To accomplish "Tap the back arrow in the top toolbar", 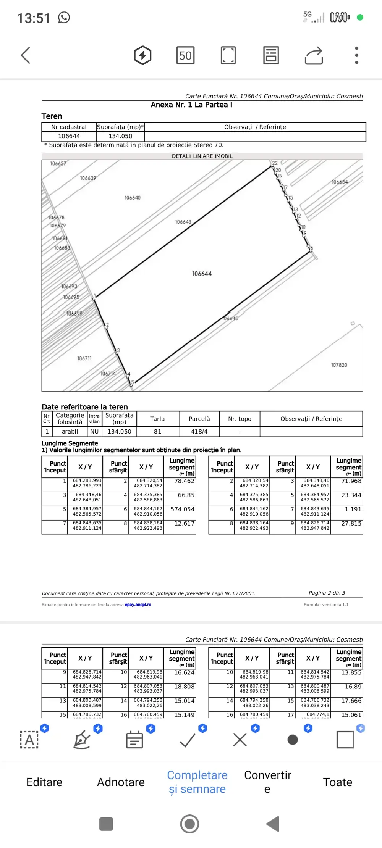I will click(26, 55).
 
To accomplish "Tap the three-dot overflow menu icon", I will click(356, 55).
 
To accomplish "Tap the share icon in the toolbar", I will click(314, 56).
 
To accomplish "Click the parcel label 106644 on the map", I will click(202, 274).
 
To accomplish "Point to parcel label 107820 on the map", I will click(339, 365).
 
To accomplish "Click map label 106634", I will click(340, 182).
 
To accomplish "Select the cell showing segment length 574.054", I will click(182, 509).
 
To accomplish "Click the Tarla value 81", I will click(157, 432).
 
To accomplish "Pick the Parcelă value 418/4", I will click(199, 432).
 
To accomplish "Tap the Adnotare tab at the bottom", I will click(121, 782).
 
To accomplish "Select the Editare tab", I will click(44, 782).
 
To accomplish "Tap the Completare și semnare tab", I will click(197, 782).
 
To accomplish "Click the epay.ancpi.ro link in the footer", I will click(138, 605).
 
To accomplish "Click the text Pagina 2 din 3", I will click(327, 593).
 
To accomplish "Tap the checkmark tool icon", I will click(188, 740).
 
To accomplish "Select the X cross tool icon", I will click(240, 740).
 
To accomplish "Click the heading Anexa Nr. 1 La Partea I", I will click(191, 105).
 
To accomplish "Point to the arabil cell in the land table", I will click(70, 432).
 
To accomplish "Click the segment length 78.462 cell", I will click(185, 481).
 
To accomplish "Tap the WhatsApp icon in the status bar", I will click(64, 18).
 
